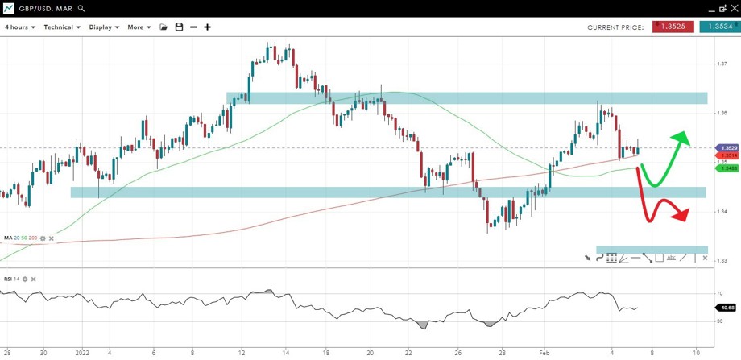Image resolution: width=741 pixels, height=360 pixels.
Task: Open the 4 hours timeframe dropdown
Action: (x=21, y=27)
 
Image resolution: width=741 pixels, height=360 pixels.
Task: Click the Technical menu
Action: (x=62, y=27)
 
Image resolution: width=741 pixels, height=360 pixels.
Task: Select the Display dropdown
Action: (x=104, y=27)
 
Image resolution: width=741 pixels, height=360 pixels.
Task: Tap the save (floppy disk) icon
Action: (x=179, y=27)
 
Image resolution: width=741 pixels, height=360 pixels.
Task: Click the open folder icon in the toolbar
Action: (x=164, y=27)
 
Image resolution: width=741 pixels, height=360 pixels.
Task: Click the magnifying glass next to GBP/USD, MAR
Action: (x=81, y=8)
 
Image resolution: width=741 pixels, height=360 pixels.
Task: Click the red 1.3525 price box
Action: (x=673, y=27)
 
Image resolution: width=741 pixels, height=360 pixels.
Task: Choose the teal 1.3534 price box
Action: (x=716, y=27)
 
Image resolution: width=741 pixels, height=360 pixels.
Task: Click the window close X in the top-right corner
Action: (x=732, y=8)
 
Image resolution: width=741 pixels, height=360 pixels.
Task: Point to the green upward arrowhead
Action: (x=681, y=137)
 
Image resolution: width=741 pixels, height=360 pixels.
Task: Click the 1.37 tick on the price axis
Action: (x=722, y=64)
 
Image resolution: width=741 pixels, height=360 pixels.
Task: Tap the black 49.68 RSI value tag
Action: (x=727, y=307)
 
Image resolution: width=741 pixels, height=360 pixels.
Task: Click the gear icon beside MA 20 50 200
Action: (x=43, y=238)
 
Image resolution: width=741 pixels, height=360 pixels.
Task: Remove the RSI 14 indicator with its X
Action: (x=34, y=279)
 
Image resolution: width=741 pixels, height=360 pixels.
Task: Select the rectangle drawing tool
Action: (x=659, y=258)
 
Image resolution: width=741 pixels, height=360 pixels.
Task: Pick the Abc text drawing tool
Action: (x=671, y=258)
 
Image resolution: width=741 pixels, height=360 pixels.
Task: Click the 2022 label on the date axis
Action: (x=82, y=353)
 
